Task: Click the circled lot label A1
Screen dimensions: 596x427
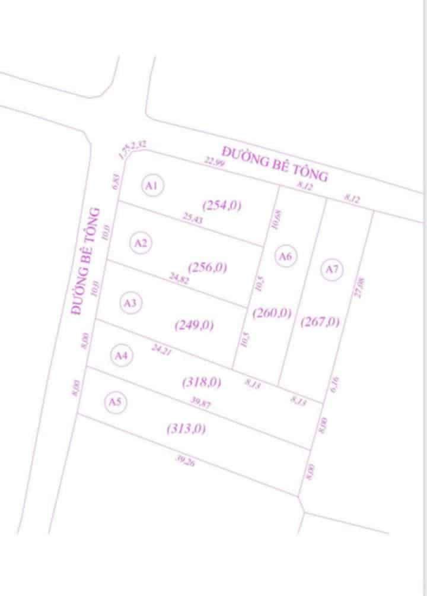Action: pyautogui.click(x=152, y=186)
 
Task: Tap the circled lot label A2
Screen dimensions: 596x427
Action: pyautogui.click(x=141, y=243)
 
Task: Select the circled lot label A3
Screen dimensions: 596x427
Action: pyautogui.click(x=130, y=303)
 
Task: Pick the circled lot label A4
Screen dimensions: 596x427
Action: pyautogui.click(x=122, y=356)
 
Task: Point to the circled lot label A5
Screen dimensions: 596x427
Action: pyautogui.click(x=115, y=402)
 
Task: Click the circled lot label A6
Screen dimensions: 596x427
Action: pyautogui.click(x=286, y=256)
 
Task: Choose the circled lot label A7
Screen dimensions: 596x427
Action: pyautogui.click(x=332, y=270)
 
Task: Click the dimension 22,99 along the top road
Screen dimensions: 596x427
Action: pyautogui.click(x=214, y=161)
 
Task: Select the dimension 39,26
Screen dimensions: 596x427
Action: pyautogui.click(x=185, y=460)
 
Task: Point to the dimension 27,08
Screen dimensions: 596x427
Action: pyautogui.click(x=358, y=287)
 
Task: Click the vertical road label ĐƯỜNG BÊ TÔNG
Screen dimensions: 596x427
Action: pyautogui.click(x=85, y=261)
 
